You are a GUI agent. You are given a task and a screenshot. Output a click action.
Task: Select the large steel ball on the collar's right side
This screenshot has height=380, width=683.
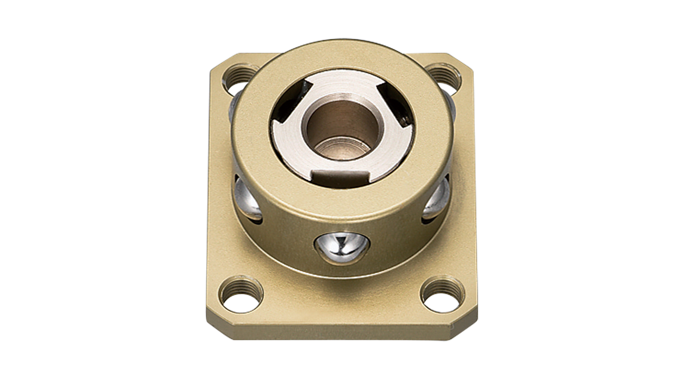pyautogui.click(x=437, y=198)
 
